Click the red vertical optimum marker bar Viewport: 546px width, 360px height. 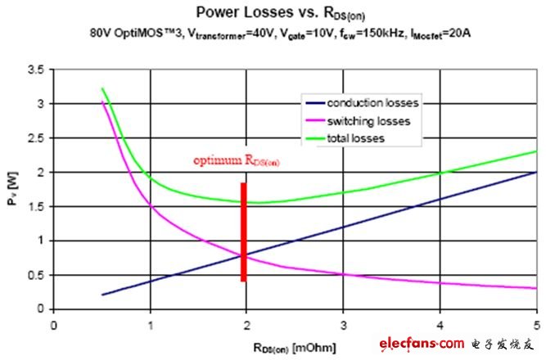[x=243, y=232]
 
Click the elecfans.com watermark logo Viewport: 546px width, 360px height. [x=455, y=343]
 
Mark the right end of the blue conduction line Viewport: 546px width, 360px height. [x=536, y=173]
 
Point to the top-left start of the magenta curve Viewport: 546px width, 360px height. [x=102, y=102]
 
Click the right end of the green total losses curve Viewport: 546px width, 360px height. [x=536, y=151]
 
